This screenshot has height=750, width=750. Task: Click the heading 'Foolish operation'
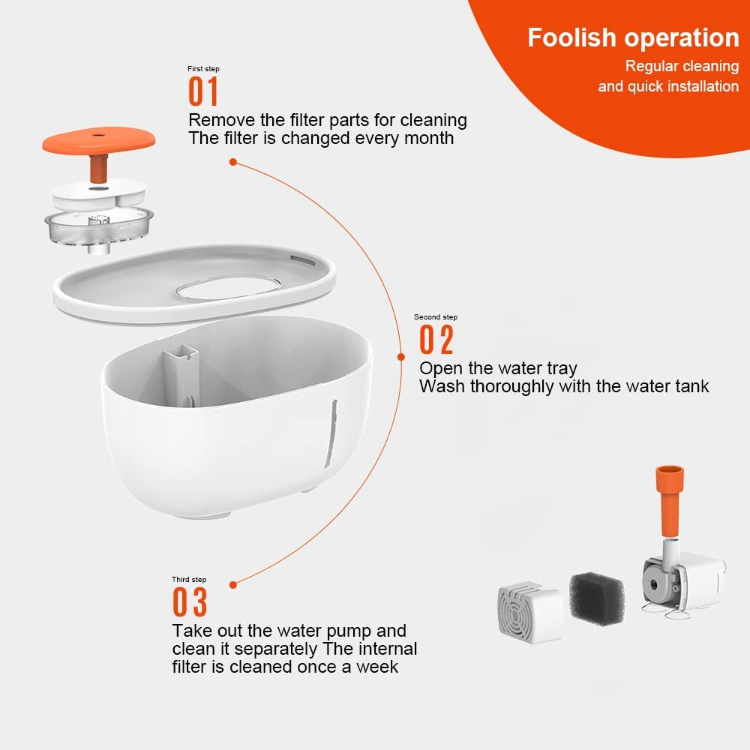tap(633, 37)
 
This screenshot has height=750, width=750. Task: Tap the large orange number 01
tap(203, 91)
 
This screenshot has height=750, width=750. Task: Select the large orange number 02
tap(436, 340)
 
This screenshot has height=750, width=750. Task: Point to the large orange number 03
tap(190, 601)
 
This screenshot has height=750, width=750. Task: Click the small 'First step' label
tap(203, 69)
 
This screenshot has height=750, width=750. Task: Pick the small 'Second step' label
tap(435, 317)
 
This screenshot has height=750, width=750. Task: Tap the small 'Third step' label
tap(189, 579)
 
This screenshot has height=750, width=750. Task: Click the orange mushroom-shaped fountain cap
tap(98, 149)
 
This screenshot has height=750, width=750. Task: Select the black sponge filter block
tap(597, 598)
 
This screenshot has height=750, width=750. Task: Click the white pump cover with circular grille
tap(530, 612)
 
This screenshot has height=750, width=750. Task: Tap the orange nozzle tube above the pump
tap(669, 499)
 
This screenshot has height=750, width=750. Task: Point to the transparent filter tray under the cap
tap(99, 229)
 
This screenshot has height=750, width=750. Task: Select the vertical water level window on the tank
tap(331, 433)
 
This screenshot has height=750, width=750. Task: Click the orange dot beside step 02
tap(401, 357)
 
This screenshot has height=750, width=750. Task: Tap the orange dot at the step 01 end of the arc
tap(233, 162)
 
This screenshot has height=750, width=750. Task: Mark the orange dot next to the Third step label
tap(233, 585)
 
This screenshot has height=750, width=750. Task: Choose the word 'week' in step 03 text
tap(377, 667)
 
